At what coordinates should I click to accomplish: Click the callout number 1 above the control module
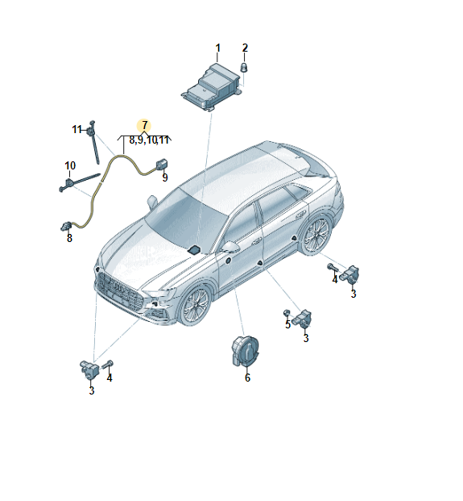pos(217,48)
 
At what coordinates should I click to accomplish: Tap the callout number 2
pos(245,48)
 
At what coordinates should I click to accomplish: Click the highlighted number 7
pos(144,125)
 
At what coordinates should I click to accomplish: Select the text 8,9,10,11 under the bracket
pos(149,140)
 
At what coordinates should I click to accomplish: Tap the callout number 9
pos(164,177)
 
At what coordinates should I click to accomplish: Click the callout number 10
pos(70,166)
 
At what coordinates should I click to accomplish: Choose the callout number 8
pos(69,238)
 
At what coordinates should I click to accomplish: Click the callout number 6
pos(247,378)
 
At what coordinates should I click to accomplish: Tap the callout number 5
pos(287,324)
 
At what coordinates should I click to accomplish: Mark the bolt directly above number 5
pos(287,311)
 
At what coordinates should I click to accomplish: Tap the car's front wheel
pos(194,307)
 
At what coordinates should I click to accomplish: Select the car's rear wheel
pos(316,234)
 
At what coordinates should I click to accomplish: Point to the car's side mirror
pos(230,246)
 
